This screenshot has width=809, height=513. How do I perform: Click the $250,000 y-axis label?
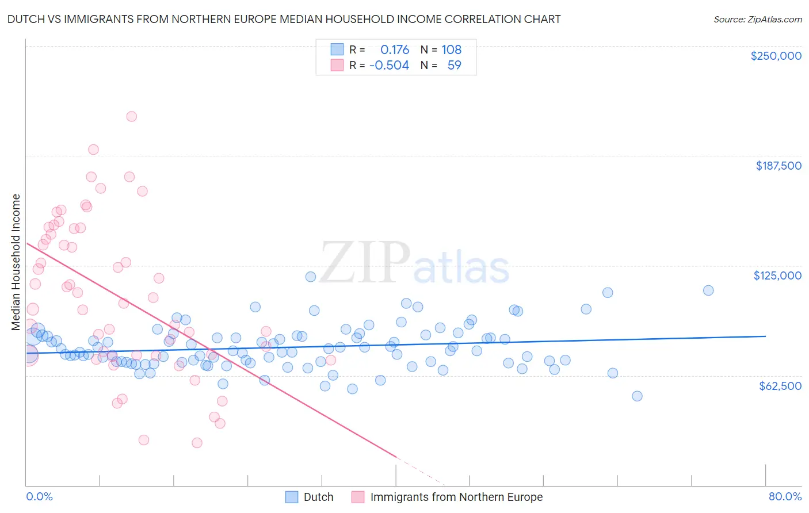(x=776, y=56)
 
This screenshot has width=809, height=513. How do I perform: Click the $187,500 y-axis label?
(x=778, y=166)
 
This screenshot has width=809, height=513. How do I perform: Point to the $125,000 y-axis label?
(x=777, y=275)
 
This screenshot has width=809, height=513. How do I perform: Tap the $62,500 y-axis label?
(x=780, y=386)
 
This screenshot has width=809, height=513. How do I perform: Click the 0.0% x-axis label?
(x=39, y=496)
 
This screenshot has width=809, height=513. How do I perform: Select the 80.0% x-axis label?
(x=785, y=496)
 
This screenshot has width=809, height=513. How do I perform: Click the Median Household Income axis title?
(x=16, y=262)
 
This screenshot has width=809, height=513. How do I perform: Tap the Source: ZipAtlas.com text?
(x=757, y=19)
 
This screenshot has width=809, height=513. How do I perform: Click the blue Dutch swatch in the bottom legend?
(x=292, y=497)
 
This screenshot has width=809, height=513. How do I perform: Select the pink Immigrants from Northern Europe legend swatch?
(x=358, y=497)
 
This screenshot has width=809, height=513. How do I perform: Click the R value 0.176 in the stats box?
(x=395, y=49)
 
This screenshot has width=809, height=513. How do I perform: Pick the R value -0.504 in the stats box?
(x=389, y=65)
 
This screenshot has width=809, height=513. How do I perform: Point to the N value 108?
(x=451, y=49)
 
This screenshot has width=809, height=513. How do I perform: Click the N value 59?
(x=454, y=65)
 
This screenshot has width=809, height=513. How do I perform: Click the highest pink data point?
(x=131, y=116)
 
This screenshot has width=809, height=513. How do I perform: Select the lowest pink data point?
(x=197, y=442)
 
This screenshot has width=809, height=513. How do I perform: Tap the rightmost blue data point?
(x=708, y=290)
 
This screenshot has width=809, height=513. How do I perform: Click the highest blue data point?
(x=310, y=277)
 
